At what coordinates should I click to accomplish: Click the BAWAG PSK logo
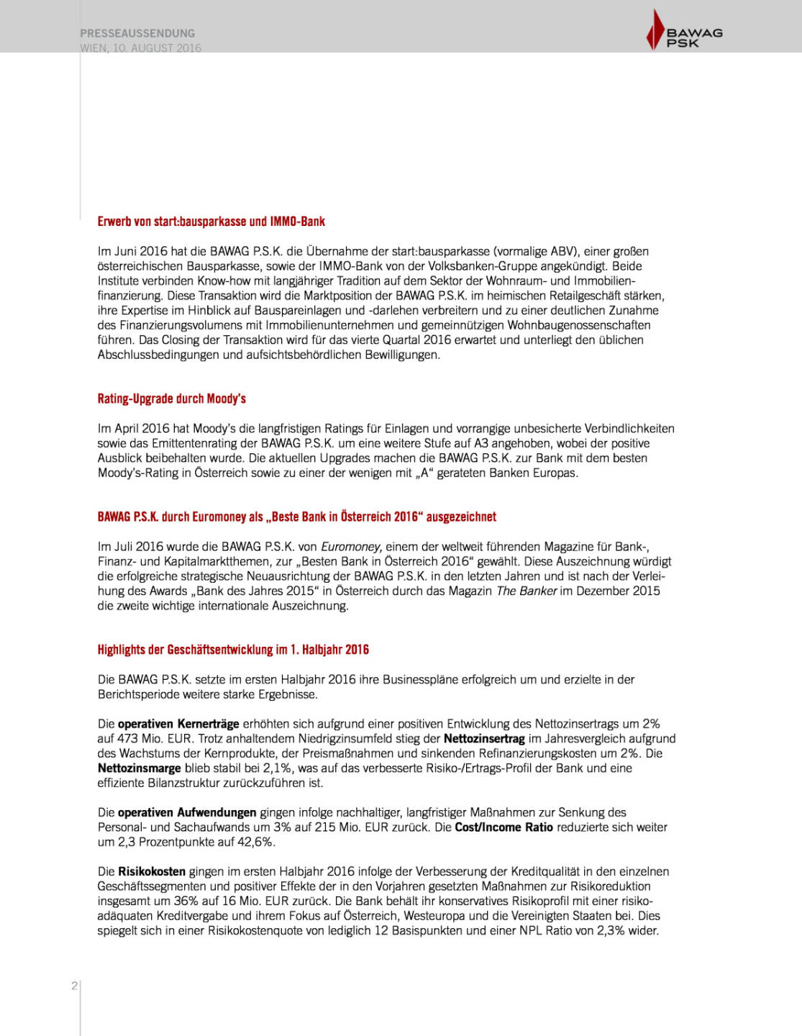[684, 31]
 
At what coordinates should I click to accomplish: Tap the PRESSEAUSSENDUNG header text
[137, 33]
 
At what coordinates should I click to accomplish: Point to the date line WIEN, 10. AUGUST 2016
[141, 47]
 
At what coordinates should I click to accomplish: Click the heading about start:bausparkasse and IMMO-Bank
[211, 222]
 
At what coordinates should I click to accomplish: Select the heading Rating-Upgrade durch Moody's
[171, 399]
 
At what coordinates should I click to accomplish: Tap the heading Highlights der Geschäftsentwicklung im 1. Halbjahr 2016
[233, 650]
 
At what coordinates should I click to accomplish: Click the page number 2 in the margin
[74, 986]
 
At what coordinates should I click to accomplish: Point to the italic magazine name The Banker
[527, 591]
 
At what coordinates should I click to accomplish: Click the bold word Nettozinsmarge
[140, 768]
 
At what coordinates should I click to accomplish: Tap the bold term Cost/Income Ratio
[503, 827]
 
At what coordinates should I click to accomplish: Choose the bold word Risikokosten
[152, 871]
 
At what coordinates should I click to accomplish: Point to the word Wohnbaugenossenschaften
[579, 325]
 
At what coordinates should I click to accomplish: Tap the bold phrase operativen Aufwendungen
[187, 812]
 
